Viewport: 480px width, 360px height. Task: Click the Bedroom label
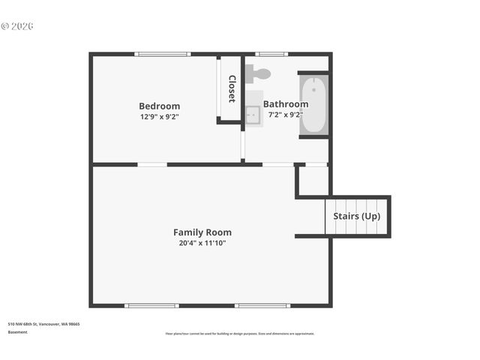(159, 106)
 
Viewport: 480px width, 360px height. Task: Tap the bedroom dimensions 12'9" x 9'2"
(159, 116)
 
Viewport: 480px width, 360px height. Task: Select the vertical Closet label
(232, 89)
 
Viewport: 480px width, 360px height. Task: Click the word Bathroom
(285, 104)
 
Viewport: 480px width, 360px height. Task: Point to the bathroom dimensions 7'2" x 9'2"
(285, 115)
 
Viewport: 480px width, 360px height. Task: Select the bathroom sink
(253, 114)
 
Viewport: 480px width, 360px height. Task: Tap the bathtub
(313, 104)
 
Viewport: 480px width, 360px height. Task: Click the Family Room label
(202, 232)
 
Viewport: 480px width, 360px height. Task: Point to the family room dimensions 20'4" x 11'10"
(202, 243)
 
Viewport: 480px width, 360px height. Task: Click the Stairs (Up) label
(357, 216)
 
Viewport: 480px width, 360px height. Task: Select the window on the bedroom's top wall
(163, 54)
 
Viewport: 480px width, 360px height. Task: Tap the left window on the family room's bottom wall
(151, 305)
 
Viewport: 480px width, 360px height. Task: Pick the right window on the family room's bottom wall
(262, 305)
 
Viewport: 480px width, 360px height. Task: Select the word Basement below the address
(18, 331)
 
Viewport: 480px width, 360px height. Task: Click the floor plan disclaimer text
(240, 334)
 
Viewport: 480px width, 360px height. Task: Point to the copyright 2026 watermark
(17, 26)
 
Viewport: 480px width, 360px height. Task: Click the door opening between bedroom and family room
(152, 164)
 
